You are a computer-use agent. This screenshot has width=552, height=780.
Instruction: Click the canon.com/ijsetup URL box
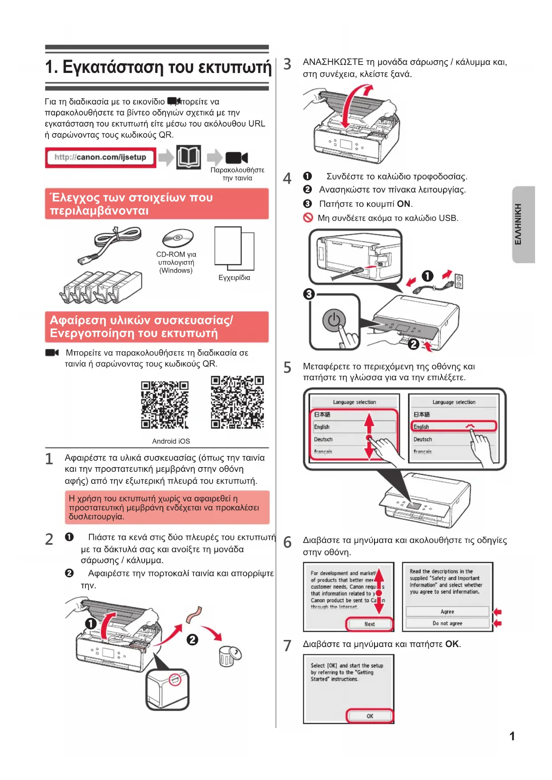(101, 157)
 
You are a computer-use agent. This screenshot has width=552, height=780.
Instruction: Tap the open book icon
(189, 157)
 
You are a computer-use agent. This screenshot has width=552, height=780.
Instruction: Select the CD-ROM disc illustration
(178, 238)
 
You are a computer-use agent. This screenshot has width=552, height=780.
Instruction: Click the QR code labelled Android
(165, 405)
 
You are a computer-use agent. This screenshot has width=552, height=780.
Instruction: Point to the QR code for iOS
(237, 402)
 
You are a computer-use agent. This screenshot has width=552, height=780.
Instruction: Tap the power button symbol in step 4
(334, 320)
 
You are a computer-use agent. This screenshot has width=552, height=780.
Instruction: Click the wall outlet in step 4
(459, 281)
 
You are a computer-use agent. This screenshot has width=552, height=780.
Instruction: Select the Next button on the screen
(370, 624)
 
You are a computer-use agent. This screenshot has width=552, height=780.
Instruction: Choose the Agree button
(447, 611)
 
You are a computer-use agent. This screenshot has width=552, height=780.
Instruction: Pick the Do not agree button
(447, 623)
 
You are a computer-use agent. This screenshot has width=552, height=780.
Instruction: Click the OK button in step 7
(370, 716)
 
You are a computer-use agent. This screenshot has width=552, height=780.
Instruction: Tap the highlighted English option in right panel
(453, 426)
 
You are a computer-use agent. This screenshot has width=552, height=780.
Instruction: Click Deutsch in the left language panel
(323, 439)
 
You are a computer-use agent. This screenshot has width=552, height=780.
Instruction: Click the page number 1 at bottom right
(512, 736)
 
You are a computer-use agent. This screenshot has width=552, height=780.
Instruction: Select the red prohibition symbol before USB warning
(308, 218)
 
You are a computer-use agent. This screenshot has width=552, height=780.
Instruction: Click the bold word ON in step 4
(403, 204)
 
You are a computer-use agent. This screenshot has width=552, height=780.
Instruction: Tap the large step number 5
(287, 367)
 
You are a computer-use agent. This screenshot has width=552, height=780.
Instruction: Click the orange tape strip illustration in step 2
(194, 615)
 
